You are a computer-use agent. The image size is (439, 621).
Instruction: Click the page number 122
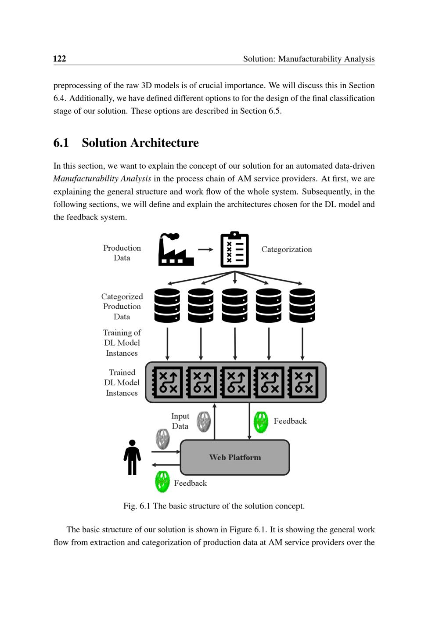(x=60, y=59)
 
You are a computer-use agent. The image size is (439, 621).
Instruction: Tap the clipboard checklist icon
(x=234, y=249)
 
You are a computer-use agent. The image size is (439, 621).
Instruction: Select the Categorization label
(x=286, y=249)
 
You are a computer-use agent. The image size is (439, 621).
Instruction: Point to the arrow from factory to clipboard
(x=205, y=249)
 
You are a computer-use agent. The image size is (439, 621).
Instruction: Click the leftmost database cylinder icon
(x=167, y=305)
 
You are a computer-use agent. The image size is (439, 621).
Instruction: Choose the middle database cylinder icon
(x=235, y=305)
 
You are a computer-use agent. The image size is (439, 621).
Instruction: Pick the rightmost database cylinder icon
(x=302, y=305)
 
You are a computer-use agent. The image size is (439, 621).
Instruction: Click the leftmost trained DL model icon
(x=167, y=382)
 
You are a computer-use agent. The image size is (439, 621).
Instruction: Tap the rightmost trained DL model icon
(x=303, y=382)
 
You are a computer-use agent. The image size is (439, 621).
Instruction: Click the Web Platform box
(x=235, y=457)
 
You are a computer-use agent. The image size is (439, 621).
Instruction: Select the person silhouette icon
(x=132, y=457)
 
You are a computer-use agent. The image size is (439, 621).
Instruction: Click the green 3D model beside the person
(x=162, y=482)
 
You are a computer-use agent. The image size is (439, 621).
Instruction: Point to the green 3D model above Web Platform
(x=261, y=422)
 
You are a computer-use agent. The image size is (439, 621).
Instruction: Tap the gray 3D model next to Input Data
(x=204, y=422)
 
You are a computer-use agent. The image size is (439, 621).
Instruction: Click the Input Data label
(x=180, y=421)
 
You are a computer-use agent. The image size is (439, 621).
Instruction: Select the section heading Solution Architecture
(x=140, y=143)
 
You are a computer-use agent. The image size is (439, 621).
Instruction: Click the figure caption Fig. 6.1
(x=214, y=506)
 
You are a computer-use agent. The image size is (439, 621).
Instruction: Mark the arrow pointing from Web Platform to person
(x=166, y=465)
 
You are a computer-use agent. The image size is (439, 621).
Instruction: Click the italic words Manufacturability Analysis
(x=102, y=179)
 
